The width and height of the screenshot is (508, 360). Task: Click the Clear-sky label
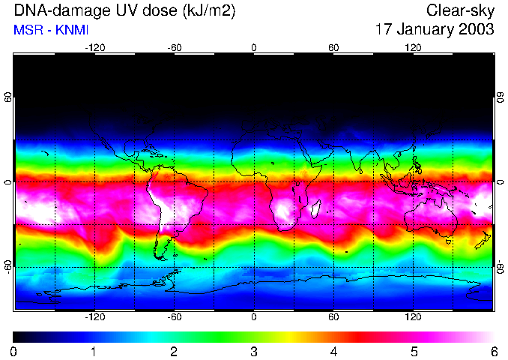click(460, 10)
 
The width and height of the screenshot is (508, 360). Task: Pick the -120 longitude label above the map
click(94, 47)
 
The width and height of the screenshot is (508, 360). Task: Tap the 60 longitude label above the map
click(333, 47)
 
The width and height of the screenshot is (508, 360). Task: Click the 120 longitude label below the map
click(413, 317)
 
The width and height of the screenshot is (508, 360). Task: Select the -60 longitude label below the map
click(174, 317)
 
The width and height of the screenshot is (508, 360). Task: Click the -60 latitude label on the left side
click(8, 266)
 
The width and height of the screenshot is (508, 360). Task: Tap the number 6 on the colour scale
click(493, 351)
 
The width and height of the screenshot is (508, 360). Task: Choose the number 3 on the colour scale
click(253, 351)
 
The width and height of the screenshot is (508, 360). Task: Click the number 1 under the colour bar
click(94, 351)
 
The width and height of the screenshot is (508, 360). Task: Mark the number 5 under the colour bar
click(413, 351)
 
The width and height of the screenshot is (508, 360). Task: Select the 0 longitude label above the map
click(253, 47)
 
